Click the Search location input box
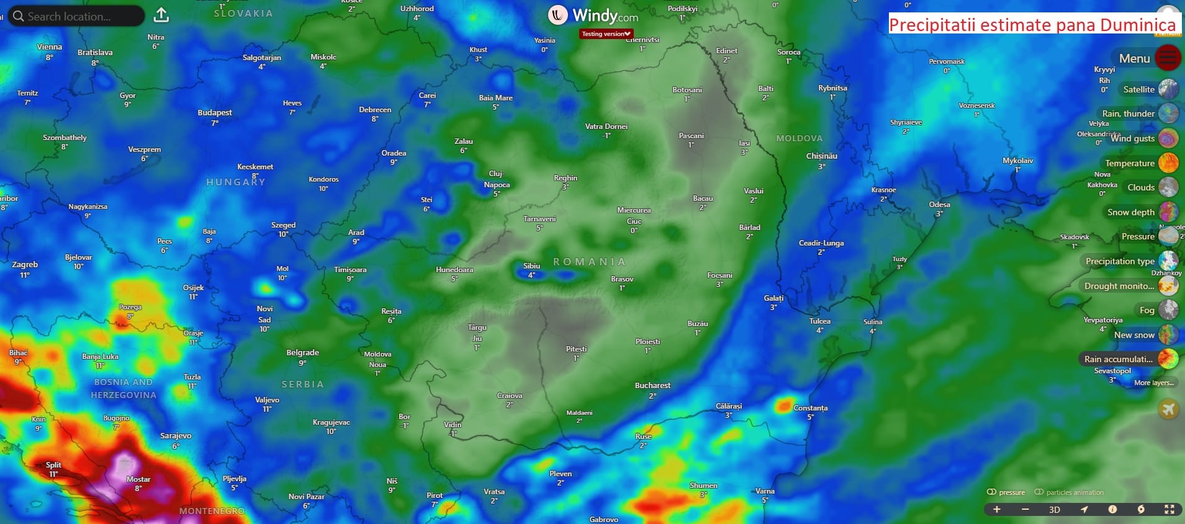74,16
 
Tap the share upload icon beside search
161,15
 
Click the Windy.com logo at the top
593,15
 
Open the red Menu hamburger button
1168,58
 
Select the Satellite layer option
1138,89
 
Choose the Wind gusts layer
1132,138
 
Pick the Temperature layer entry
1130,163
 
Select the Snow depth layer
1131,212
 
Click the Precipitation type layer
1120,261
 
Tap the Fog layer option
1147,310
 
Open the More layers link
1153,383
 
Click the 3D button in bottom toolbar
1054,510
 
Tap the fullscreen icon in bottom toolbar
1169,510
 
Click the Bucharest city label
652,386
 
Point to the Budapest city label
215,113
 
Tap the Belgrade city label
302,353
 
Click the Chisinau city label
821,156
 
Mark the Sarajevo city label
176,436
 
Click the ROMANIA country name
589,262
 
